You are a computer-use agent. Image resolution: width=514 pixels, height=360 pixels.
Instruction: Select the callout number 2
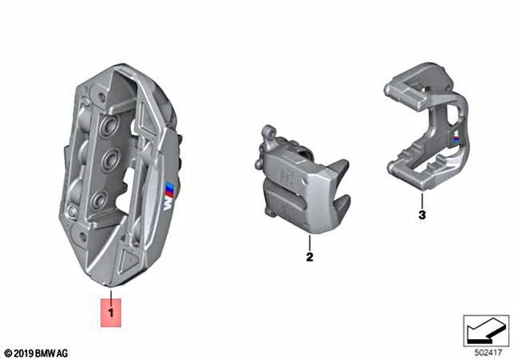coord(308,258)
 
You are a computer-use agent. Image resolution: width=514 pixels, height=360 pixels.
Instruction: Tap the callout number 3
coord(422,215)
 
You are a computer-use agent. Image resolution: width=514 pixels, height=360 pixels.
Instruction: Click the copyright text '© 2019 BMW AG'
coord(36,352)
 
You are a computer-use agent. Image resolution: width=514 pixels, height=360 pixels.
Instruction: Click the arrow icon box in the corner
coord(485,329)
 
